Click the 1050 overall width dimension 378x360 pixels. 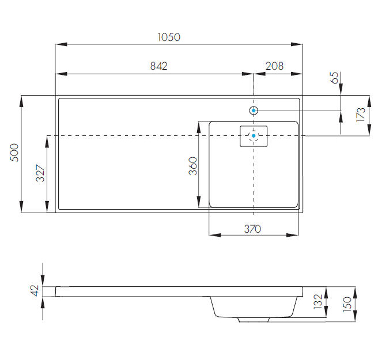pos(169,37)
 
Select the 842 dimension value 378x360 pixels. pos(158,66)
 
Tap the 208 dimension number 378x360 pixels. pos(274,66)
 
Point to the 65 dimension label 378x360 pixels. pos(334,77)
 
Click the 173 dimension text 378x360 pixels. pos(361,115)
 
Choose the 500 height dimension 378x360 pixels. pos(14,153)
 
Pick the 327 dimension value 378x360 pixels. pos(40,173)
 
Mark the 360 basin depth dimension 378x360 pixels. pos(193,165)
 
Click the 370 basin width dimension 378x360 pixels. pos(252,229)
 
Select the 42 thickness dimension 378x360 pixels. pos(36,290)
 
